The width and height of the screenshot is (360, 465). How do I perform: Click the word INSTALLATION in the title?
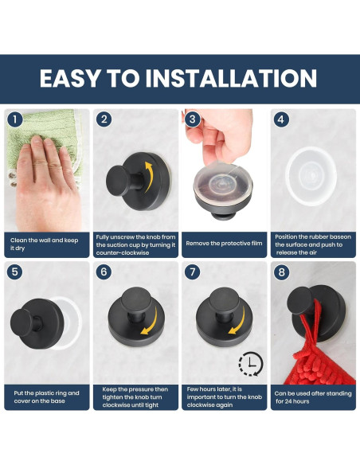231,78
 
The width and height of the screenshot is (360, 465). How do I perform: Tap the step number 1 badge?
15,119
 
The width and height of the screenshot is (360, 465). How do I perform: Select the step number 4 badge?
281,119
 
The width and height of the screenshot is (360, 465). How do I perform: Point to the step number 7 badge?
192,272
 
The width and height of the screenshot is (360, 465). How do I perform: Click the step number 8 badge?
281,272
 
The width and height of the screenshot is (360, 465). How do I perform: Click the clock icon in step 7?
251,364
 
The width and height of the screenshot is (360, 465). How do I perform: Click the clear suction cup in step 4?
311,177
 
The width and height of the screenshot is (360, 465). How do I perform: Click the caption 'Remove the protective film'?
224,244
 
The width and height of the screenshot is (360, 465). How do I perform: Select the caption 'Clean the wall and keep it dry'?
44,244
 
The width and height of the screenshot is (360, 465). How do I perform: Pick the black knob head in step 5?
22,323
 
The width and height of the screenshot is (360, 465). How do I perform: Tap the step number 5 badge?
15,272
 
